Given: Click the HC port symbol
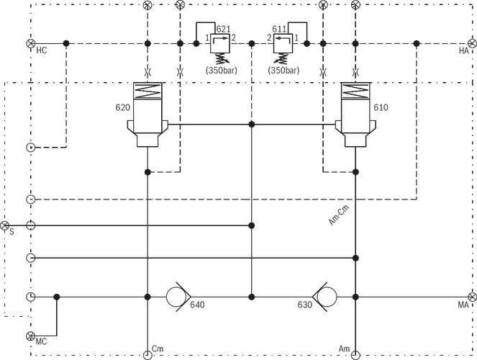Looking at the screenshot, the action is (x=31, y=43).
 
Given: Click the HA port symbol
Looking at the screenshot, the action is (x=472, y=43).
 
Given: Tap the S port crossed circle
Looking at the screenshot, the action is (x=4, y=225).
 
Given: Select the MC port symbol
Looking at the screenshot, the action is (x=31, y=336).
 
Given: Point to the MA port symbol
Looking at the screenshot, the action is (x=472, y=297).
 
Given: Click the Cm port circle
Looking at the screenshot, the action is (x=147, y=355).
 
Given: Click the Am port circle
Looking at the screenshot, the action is (x=355, y=355).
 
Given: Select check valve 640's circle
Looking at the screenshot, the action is (x=176, y=297).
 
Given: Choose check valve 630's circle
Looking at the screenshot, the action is (x=327, y=297).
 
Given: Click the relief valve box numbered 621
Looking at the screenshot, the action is (x=220, y=43).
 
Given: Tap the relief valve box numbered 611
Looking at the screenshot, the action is (x=283, y=43).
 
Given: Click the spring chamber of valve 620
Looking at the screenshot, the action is (x=147, y=91).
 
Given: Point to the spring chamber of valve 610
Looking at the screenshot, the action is (x=355, y=91).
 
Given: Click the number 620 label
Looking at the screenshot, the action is (x=122, y=107).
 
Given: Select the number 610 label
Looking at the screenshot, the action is (x=381, y=107).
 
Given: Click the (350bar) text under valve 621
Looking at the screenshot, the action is (x=221, y=71).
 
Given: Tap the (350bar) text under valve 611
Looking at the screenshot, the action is (x=283, y=71).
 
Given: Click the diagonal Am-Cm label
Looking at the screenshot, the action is (x=339, y=215).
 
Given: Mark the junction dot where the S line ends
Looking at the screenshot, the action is (x=252, y=225).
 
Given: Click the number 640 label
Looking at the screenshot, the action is (x=197, y=305).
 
